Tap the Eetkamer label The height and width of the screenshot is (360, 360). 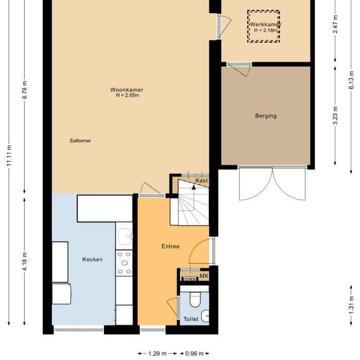click(x=81, y=140)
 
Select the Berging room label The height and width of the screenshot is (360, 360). click(x=266, y=116)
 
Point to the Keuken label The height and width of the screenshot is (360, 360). click(x=93, y=259)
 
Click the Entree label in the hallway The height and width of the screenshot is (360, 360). click(x=170, y=246)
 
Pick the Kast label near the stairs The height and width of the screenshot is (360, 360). click(x=202, y=181)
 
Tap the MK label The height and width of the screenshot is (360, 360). click(x=204, y=276)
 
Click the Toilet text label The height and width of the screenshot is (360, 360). click(x=191, y=319)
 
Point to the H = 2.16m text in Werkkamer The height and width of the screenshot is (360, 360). click(x=265, y=30)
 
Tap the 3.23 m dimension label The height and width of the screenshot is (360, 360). click(x=335, y=115)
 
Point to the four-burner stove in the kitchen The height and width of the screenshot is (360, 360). click(x=124, y=263)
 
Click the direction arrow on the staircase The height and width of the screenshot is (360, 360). click(x=194, y=187)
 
